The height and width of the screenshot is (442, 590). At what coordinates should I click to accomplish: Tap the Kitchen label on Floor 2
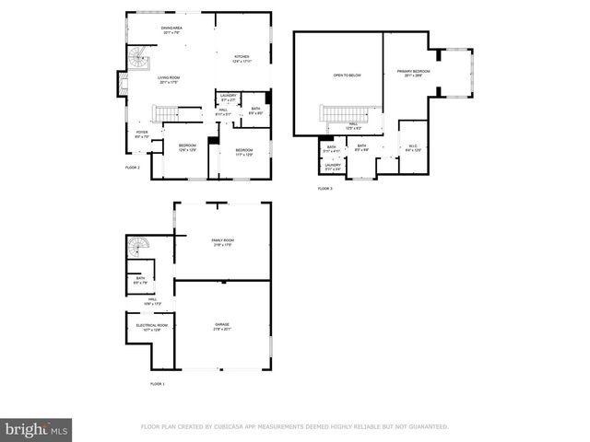pos(242,59)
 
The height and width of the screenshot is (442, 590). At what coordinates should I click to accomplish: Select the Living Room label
pos(168,79)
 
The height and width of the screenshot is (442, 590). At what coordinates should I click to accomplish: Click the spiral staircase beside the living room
pos(136,63)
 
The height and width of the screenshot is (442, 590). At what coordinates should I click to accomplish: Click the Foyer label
pos(142,134)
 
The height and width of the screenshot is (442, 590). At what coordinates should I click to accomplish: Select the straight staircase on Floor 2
pos(165,114)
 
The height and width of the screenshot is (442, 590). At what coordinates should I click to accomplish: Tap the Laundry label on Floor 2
pos(228,97)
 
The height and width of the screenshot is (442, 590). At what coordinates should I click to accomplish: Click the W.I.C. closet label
pos(414,146)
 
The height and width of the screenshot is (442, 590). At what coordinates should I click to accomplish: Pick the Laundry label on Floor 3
pos(333,167)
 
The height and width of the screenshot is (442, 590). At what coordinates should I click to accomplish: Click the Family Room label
pos(221,242)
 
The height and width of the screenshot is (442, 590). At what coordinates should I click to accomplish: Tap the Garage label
pos(222,326)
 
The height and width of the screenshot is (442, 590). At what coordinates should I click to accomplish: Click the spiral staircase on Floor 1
pos(137,249)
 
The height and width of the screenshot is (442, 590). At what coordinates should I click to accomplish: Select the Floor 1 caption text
pos(158,383)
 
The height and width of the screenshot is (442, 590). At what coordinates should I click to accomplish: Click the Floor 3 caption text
pos(324,188)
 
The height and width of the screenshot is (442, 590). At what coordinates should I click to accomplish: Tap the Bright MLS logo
pos(37,429)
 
